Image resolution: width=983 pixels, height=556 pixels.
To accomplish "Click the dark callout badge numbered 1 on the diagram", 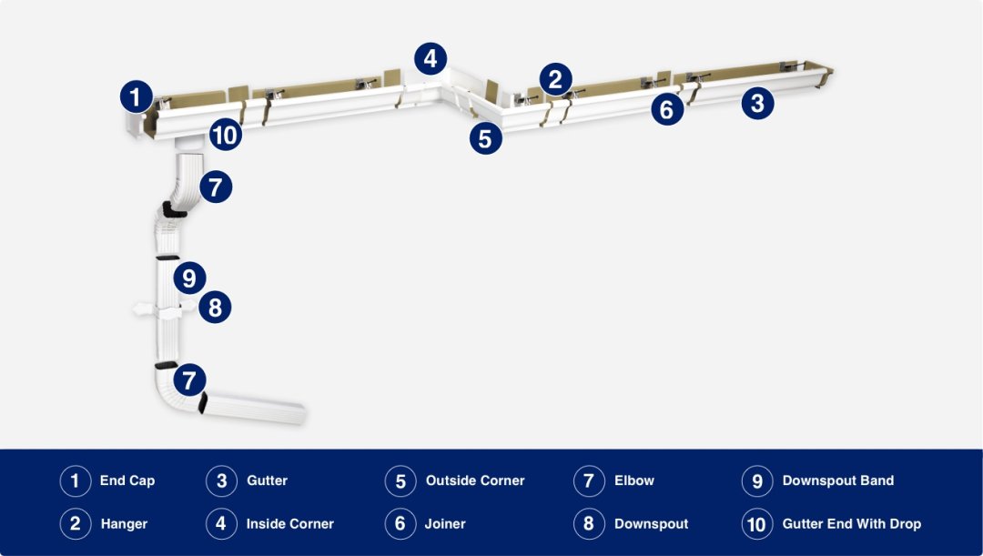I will coord(136,96).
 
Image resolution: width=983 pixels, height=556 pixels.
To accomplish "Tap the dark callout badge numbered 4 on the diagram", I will coord(431,59).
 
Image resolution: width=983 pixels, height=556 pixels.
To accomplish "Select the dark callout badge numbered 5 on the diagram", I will coord(486,138).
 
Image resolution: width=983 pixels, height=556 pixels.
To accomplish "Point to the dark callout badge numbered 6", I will coord(667,110).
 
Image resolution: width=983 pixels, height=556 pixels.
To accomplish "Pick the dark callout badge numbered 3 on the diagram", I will coord(757,103).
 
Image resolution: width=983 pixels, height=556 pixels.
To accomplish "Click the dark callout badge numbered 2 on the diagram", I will coord(555,79).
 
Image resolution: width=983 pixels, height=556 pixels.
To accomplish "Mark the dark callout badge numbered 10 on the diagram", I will coord(225,136).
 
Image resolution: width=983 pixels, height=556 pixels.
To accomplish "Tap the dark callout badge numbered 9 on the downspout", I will coord(188,278).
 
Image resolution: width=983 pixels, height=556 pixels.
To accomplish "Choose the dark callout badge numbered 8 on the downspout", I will coord(215,307).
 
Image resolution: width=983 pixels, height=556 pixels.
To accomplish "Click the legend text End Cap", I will coord(127,480).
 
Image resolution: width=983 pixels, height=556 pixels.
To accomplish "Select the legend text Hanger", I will coord(124,524).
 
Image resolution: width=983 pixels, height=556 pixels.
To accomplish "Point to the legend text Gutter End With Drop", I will coord(852,524).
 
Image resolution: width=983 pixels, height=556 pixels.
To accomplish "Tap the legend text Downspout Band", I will coord(838,480).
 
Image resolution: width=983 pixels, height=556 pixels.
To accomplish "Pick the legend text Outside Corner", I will coord(475,480).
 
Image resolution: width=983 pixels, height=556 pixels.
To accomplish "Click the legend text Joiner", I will coord(445,524).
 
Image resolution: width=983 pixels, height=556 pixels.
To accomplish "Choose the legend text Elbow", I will coord(634,480).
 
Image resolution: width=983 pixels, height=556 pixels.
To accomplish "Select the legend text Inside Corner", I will coord(289,524).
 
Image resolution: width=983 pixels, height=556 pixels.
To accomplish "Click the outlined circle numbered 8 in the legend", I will coord(589,524).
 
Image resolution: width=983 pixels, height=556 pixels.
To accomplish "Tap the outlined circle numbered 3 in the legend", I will coord(221,480).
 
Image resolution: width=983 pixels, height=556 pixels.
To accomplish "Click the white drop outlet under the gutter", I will coord(189,144).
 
